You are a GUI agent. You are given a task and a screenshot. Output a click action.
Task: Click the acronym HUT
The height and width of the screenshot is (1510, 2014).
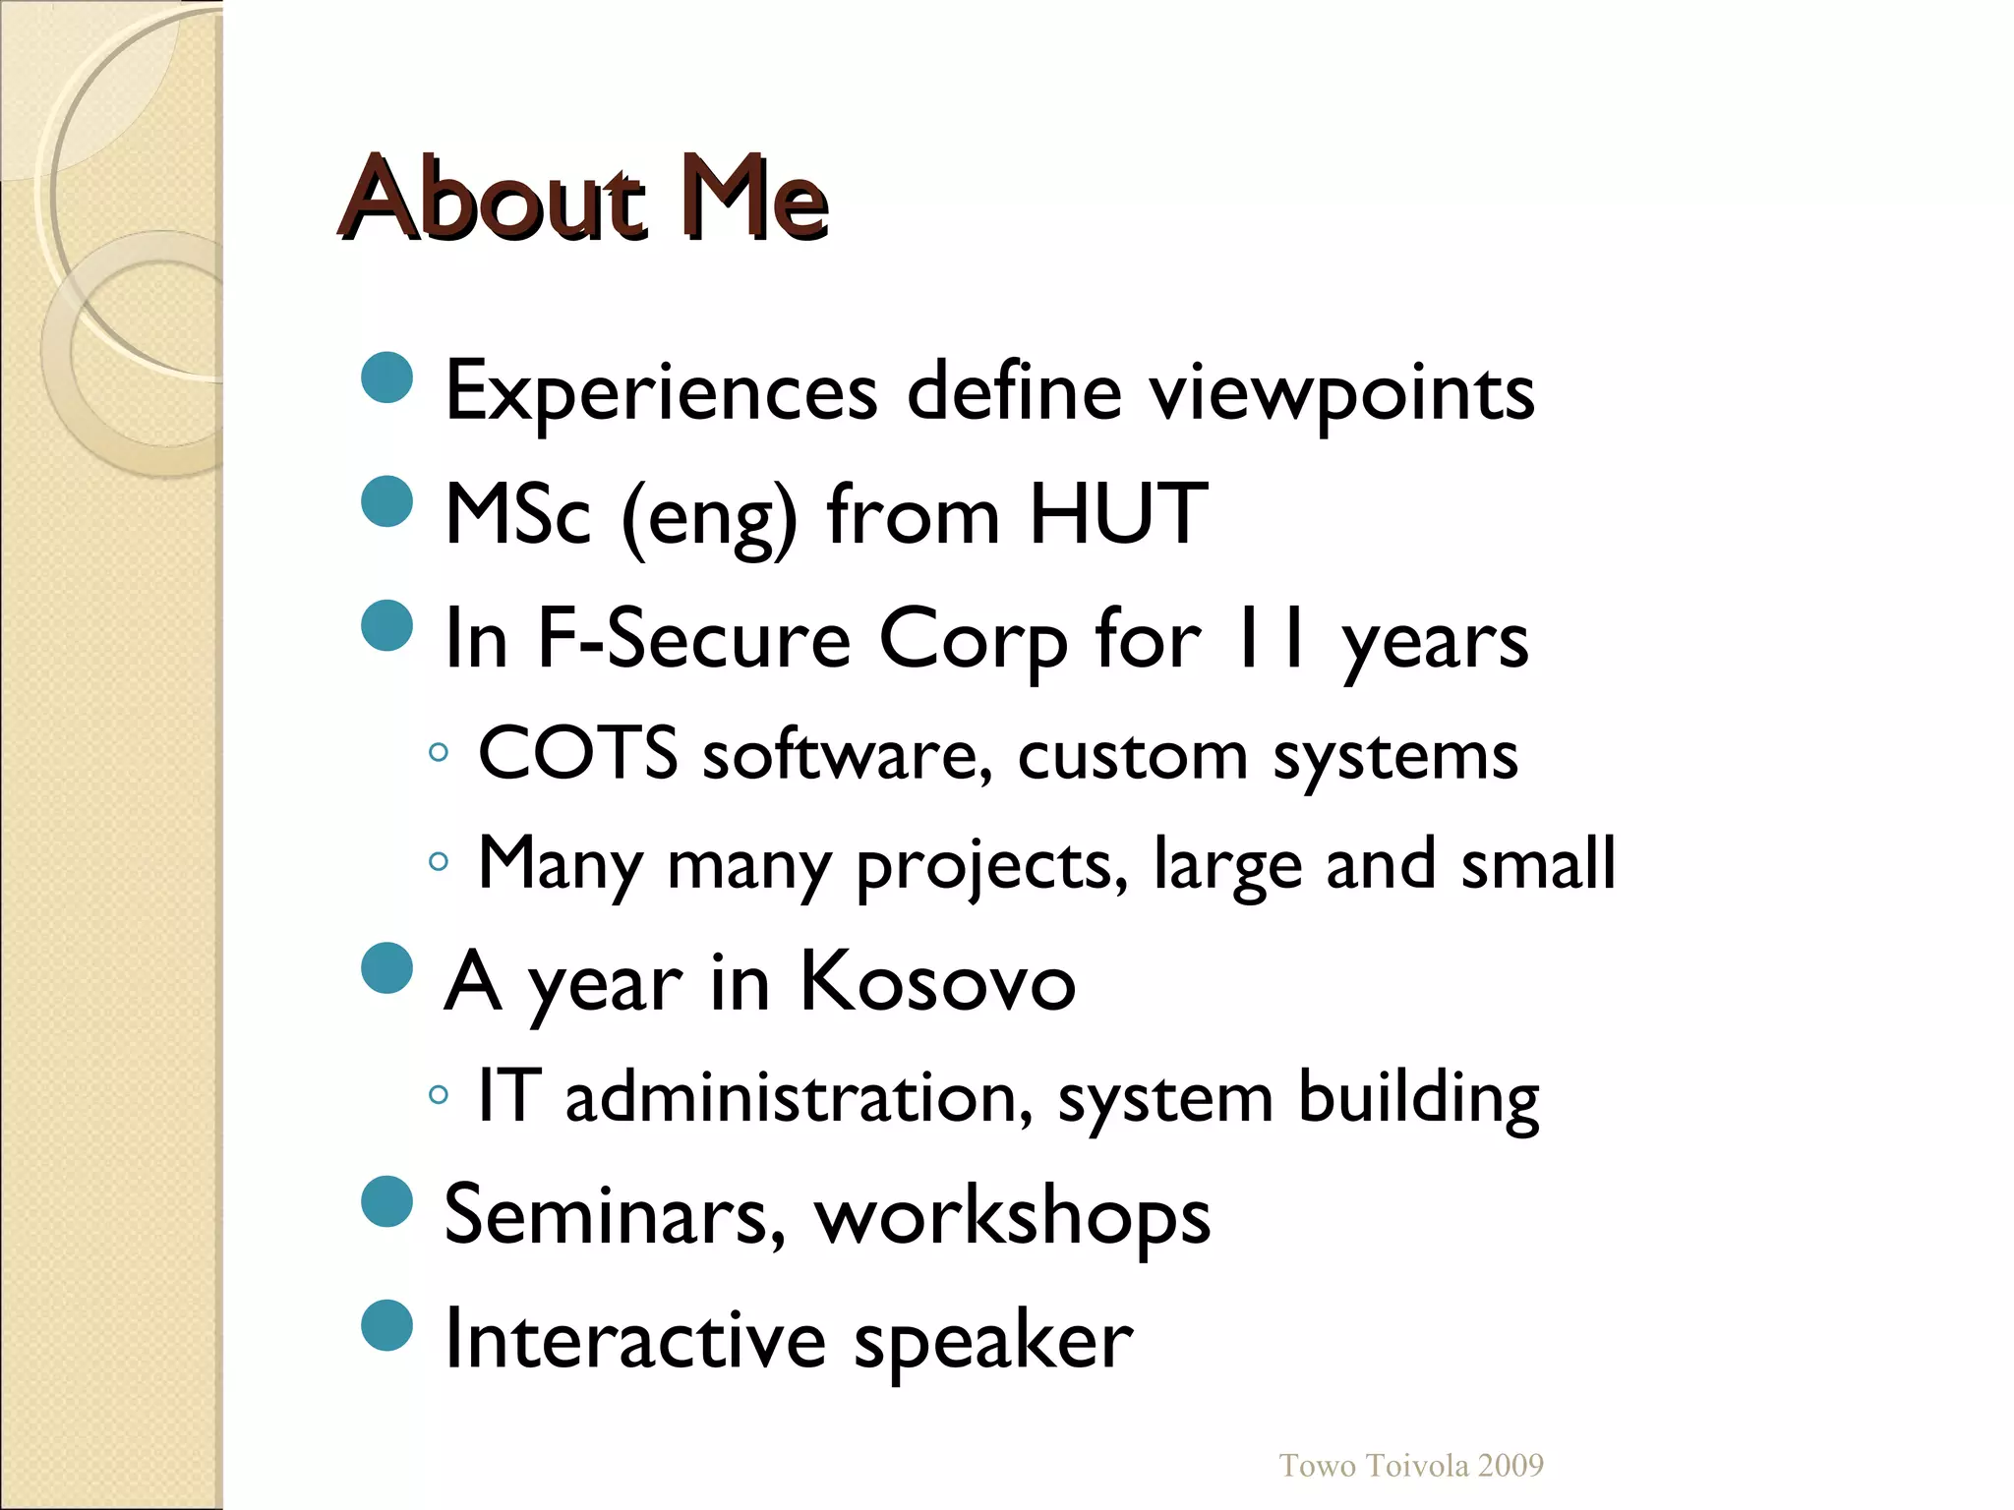(1118, 513)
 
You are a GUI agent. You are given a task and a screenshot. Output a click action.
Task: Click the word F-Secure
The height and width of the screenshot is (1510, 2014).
(693, 638)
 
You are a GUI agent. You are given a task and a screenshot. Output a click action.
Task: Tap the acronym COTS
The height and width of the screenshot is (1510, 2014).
(577, 753)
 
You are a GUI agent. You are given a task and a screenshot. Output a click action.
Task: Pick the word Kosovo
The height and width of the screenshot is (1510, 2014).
(937, 981)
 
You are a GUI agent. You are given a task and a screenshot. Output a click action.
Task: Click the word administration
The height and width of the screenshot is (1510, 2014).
(800, 1097)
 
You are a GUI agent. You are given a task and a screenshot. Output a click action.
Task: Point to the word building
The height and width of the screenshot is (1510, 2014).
(1418, 1099)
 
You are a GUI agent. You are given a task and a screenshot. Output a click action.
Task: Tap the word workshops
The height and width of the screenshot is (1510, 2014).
(1013, 1217)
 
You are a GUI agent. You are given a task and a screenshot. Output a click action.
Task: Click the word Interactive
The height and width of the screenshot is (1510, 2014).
(635, 1338)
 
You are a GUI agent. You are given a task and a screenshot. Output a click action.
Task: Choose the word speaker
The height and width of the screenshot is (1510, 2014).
(993, 1342)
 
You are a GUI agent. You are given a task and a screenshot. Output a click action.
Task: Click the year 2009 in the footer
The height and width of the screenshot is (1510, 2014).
(1510, 1466)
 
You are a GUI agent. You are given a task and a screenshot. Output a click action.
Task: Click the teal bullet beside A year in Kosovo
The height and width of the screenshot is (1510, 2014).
(387, 968)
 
